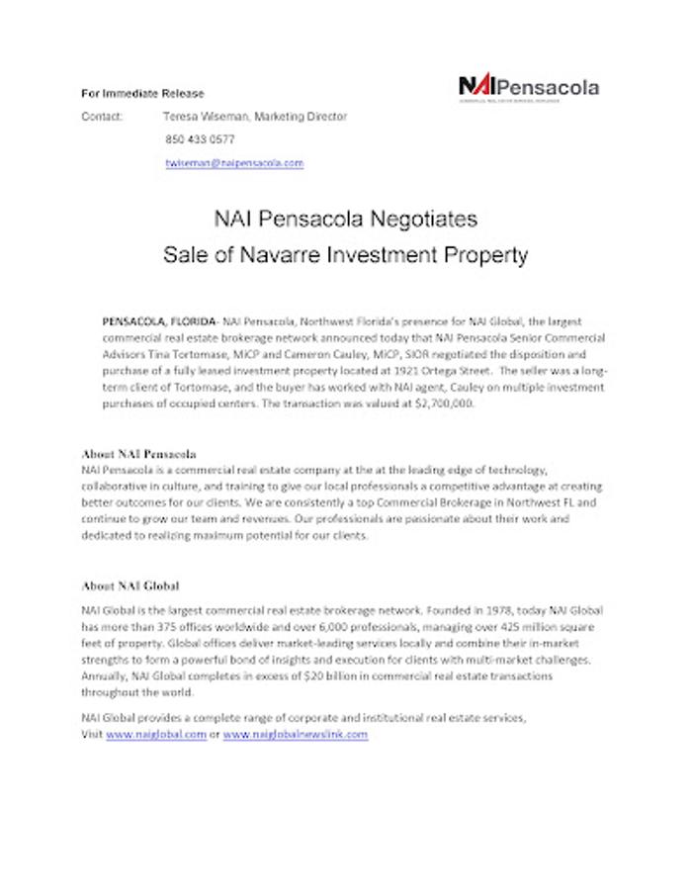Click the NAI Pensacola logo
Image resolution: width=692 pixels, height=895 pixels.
pos(528,87)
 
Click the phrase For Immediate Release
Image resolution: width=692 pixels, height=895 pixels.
pos(142,94)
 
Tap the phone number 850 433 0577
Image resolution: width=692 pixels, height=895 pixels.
pos(200,139)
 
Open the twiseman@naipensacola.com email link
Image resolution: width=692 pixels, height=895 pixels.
pos(234,163)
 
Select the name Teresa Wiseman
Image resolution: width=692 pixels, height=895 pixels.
pos(205,117)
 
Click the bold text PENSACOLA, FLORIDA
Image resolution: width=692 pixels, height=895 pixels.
pos(159,322)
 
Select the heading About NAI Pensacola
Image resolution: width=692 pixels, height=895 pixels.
pos(139,454)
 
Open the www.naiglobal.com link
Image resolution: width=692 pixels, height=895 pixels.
pos(156,735)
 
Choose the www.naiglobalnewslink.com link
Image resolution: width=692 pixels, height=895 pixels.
pos(296,735)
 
